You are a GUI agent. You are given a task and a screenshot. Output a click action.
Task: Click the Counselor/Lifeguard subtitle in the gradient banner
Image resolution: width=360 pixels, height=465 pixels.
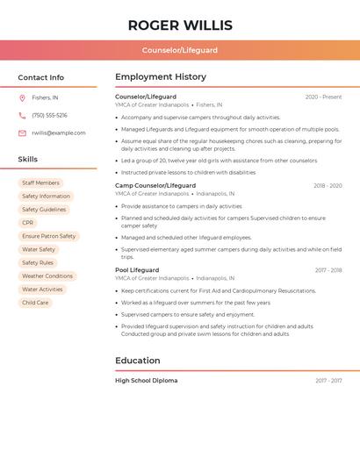[x=179, y=50]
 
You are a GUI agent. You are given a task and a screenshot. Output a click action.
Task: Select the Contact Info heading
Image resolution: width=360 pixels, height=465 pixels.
[x=40, y=77]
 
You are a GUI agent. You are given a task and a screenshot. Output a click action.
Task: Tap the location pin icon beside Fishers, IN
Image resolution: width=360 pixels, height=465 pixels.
[x=22, y=97]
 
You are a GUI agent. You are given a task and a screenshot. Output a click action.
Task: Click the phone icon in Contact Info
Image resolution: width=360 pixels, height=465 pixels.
[x=22, y=115]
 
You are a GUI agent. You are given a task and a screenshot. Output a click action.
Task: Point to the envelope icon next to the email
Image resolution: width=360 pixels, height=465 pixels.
[x=22, y=133]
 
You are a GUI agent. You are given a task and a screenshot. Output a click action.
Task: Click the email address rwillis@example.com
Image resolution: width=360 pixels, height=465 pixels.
[x=59, y=133]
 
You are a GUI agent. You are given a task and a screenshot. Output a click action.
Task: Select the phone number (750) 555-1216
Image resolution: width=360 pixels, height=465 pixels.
[x=49, y=115]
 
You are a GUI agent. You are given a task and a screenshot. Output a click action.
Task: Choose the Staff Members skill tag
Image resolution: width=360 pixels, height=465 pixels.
[x=40, y=182]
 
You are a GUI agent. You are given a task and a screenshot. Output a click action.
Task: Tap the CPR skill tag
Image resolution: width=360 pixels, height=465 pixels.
[x=28, y=223]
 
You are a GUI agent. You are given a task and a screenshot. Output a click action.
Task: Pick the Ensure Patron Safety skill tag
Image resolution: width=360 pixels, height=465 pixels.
[x=48, y=236]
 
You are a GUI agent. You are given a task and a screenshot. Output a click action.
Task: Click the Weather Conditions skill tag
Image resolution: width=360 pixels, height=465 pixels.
[x=47, y=276]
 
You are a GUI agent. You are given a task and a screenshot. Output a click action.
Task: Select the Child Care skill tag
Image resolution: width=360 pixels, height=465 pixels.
[x=35, y=303]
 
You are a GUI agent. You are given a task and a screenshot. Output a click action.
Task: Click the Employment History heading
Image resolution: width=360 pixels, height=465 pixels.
[x=161, y=77]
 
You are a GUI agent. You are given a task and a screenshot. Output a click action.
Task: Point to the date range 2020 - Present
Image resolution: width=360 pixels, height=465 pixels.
[x=323, y=97]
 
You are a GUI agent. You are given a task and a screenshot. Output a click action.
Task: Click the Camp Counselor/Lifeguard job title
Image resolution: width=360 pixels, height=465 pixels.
[x=155, y=186]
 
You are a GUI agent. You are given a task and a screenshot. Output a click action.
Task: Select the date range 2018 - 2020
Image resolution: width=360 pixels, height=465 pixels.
[x=328, y=186]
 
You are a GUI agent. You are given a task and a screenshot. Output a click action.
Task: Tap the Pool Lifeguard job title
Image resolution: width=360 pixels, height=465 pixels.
[x=137, y=270]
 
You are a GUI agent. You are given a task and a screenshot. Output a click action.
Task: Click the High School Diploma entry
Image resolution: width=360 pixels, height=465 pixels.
[x=146, y=381]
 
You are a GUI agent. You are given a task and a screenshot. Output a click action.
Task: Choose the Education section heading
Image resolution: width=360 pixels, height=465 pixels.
[x=138, y=361]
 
